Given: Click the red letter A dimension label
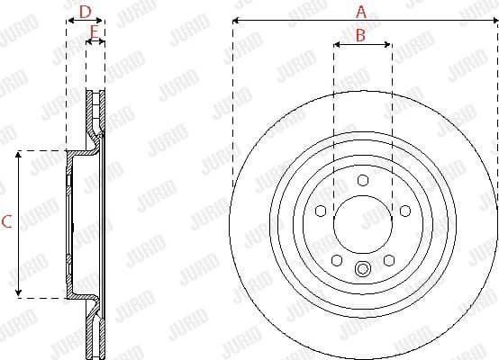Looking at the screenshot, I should pos(361,12).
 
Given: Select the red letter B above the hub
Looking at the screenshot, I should pos(360,36).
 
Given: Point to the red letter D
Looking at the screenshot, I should pos(86,12).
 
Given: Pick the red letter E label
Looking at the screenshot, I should pos(95,32).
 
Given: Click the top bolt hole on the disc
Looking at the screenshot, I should pos(362,181).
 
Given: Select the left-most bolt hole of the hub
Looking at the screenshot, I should pos(320,211).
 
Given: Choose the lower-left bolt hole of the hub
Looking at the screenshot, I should pos(336,260).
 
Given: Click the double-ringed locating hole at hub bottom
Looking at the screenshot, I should pos(362,268).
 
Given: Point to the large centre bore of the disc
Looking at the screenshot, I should pos(362,224).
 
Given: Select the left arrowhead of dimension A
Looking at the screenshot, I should pos(234,20).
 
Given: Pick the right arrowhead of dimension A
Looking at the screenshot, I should pos(494,20).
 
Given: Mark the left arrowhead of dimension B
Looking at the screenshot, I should pos(336,44).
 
